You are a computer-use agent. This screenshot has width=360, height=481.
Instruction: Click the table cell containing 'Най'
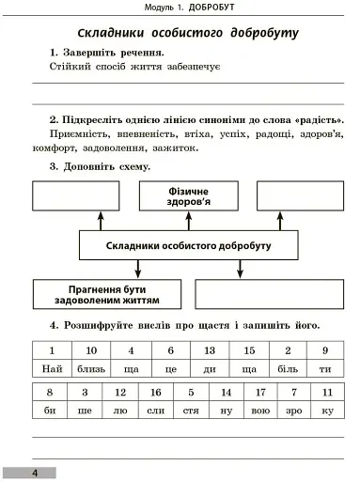click(x=53, y=369)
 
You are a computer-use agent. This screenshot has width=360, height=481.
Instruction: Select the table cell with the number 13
click(x=210, y=349)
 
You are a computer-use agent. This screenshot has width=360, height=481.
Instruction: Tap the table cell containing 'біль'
click(x=288, y=369)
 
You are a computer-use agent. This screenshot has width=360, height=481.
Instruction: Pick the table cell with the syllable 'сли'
click(x=156, y=411)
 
